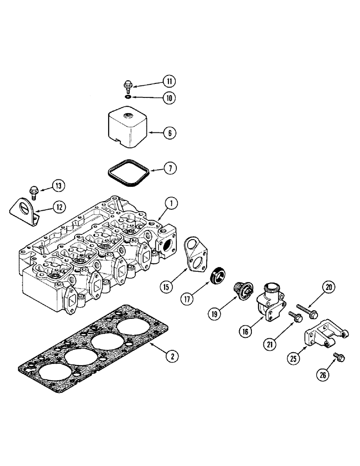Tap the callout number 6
click(x=170, y=133)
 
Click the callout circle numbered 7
click(x=170, y=167)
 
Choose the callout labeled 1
click(x=171, y=203)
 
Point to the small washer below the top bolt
click(x=128, y=97)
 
